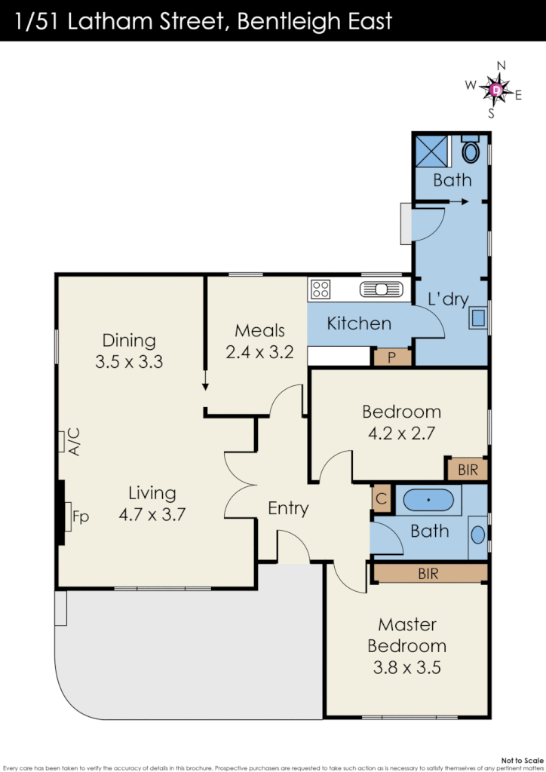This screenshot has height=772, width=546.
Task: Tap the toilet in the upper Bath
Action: click(471, 151)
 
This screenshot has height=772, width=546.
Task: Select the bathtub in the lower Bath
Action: click(428, 500)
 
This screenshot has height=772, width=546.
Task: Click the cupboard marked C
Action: click(381, 498)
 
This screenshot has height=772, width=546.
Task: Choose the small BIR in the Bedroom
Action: click(468, 469)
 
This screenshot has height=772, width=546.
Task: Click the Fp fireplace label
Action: click(81, 517)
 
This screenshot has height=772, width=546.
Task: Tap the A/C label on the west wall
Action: click(74, 441)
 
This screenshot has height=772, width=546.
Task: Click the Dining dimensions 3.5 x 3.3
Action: click(129, 362)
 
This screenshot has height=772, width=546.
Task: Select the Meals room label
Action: click(259, 330)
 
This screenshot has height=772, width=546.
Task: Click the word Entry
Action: click(288, 508)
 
